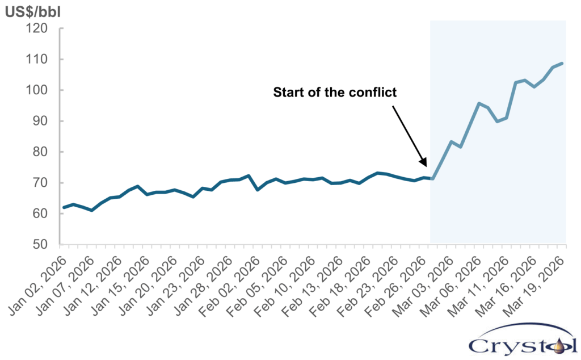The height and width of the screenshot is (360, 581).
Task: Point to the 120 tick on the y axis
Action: click(40, 28)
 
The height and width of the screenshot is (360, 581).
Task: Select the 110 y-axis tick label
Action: click(40, 59)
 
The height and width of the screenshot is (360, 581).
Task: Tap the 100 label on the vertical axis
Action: click(40, 90)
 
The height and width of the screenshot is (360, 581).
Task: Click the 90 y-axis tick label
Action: click(43, 121)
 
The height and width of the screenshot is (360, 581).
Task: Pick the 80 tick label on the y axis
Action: click(43, 152)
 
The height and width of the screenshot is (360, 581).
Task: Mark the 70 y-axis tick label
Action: click(43, 183)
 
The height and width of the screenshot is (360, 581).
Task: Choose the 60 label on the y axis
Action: click(43, 214)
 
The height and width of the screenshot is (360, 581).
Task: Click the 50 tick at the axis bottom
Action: click(43, 245)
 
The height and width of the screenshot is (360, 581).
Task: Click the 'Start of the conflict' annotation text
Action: click(335, 92)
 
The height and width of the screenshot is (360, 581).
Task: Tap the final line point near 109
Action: click(562, 63)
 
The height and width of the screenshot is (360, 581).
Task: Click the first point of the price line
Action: click(63, 207)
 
